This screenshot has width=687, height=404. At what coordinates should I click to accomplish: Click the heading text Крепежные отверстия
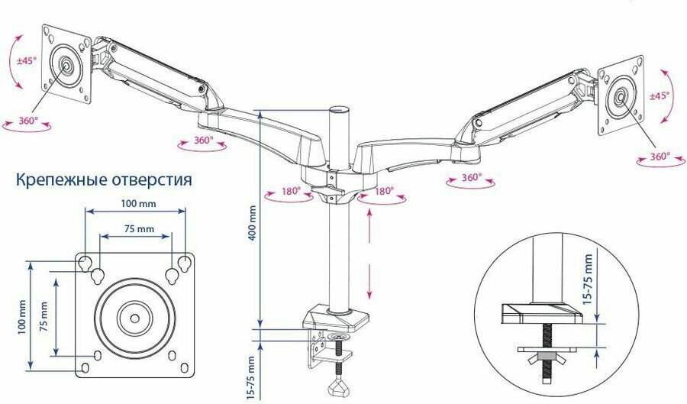104,180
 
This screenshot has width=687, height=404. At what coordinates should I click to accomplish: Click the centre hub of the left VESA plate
68,66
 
